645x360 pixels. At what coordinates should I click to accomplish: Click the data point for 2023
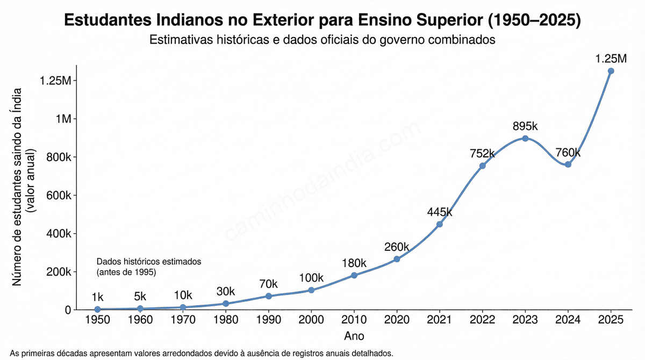(x=525, y=138)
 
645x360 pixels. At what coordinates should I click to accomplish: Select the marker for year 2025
(x=611, y=71)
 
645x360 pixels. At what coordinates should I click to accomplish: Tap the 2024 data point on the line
(x=568, y=164)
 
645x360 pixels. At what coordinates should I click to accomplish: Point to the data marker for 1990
(x=268, y=296)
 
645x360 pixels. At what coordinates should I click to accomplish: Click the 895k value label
(x=525, y=126)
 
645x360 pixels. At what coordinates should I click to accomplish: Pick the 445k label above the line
(x=440, y=212)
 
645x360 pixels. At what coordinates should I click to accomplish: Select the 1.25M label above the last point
(x=611, y=59)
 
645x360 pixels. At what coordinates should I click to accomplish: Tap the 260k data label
(x=397, y=247)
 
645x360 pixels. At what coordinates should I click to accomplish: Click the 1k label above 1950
(x=97, y=297)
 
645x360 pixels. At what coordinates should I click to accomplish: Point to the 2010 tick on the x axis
(x=354, y=320)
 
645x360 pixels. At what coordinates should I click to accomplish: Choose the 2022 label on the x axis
(x=482, y=320)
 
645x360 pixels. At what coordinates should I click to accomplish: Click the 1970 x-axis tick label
(x=183, y=320)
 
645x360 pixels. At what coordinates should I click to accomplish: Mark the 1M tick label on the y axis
(x=63, y=119)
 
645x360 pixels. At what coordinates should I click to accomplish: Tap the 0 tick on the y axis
(x=68, y=310)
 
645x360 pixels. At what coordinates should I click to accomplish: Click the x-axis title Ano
(x=354, y=336)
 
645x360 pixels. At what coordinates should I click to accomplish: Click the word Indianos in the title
(x=196, y=21)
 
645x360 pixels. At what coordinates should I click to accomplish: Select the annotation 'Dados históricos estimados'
(x=148, y=262)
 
